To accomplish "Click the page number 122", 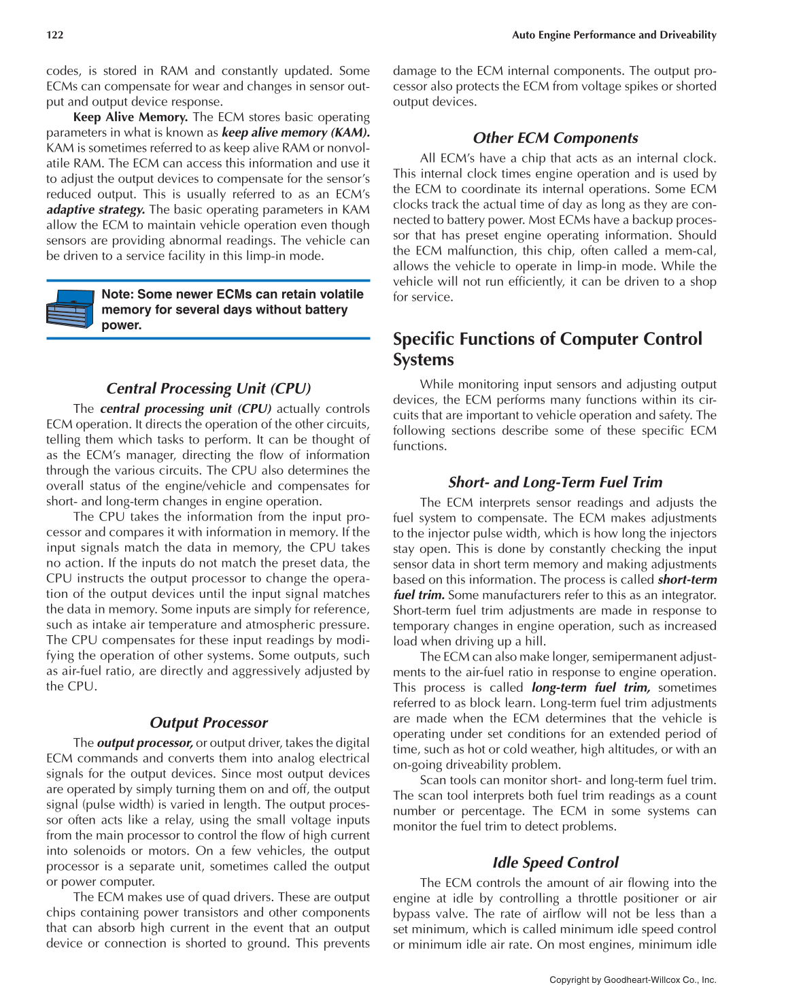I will click(55, 35).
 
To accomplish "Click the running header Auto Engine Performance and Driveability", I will click(613, 35).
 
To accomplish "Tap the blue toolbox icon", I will click(70, 309).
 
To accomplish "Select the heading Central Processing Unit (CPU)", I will click(208, 388).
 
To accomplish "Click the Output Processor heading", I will click(208, 722).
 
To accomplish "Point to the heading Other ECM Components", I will click(555, 138).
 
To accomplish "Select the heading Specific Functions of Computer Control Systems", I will click(547, 349).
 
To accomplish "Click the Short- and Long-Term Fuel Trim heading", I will click(555, 482).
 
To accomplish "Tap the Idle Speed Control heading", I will click(555, 862).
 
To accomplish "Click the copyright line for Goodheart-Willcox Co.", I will click(632, 980).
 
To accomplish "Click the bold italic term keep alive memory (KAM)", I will click(295, 133).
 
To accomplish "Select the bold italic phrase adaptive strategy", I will click(95, 209).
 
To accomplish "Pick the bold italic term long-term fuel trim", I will click(590, 688).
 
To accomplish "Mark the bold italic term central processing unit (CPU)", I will click(185, 409).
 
